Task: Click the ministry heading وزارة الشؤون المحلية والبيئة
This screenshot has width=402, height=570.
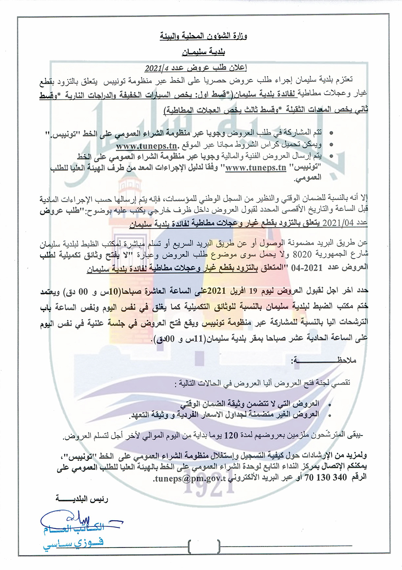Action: [203, 36]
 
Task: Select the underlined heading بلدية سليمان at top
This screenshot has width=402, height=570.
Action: [203, 53]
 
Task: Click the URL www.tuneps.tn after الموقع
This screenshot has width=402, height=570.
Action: [146, 146]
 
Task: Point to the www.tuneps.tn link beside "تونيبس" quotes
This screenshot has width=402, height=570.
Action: [256, 168]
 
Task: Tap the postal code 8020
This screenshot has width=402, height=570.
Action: [302, 255]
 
